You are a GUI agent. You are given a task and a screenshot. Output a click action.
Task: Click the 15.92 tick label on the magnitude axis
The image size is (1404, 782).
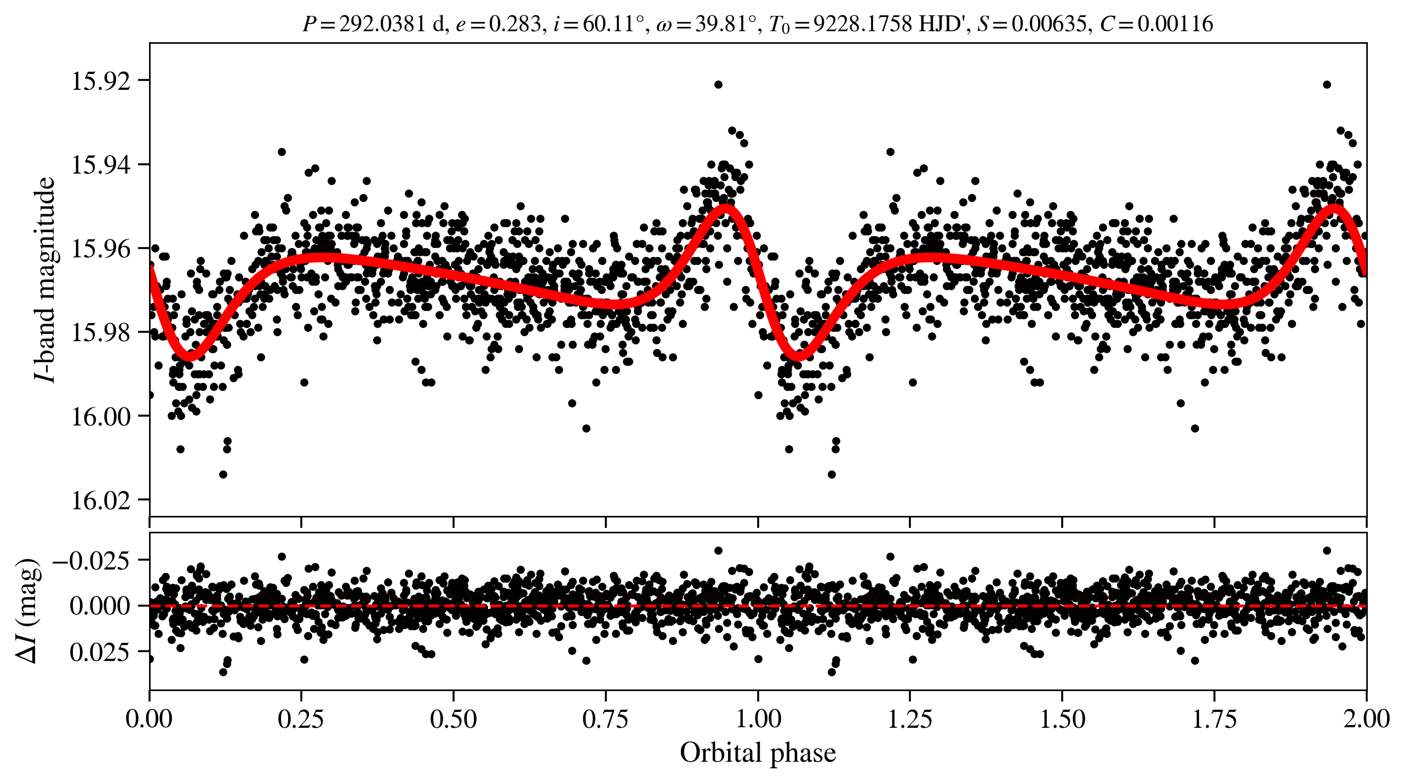pos(101,81)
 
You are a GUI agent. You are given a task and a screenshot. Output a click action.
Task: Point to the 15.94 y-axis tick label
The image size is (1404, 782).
pos(101,165)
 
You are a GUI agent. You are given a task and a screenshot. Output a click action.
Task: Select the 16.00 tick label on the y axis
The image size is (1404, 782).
pos(101,417)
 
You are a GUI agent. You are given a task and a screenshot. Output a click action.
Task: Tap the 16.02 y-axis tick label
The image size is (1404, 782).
pos(101,501)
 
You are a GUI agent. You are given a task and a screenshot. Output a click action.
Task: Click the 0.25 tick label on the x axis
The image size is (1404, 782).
pos(301,718)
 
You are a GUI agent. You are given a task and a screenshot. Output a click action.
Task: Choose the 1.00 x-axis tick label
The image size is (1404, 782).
pos(758,718)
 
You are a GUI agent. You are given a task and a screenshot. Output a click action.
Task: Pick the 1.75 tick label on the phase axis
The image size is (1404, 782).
pos(1214,718)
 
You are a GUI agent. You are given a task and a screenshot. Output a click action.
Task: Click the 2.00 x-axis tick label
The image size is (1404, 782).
pos(1366,718)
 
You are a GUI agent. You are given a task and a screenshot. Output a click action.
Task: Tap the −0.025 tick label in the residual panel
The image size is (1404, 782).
pos(91,560)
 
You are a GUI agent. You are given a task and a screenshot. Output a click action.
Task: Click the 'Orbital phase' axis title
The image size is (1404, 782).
pos(758,753)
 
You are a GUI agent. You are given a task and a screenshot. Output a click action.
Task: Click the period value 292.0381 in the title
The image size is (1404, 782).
pos(382,24)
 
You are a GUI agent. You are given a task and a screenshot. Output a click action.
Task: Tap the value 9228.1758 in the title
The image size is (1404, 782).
pos(862,24)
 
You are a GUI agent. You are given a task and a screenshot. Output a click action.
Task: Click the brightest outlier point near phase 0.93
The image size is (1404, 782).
pos(718,84)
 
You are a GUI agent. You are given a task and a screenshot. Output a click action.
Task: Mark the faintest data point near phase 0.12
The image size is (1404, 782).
pos(223,474)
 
